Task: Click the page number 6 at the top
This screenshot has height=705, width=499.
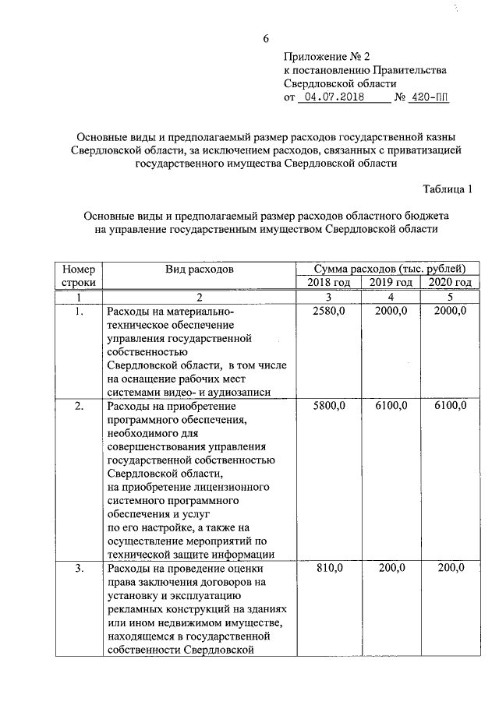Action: point(266,39)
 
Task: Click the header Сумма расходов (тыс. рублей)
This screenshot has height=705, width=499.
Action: point(385,269)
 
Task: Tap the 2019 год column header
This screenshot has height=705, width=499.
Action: point(391,283)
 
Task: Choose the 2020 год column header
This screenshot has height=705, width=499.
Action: point(450,283)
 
